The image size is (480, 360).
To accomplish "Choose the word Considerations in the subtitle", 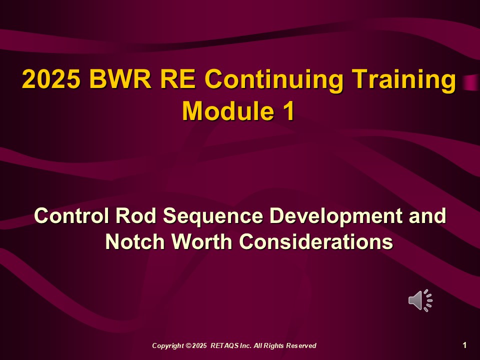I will click(x=315, y=242).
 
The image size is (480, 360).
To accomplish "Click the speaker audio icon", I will click(x=420, y=300).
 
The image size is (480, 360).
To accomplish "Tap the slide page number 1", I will click(x=465, y=345).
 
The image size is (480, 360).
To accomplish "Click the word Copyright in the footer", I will click(x=168, y=346).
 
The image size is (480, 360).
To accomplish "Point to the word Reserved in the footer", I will click(x=301, y=346).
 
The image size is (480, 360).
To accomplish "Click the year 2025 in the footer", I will click(x=199, y=346).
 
